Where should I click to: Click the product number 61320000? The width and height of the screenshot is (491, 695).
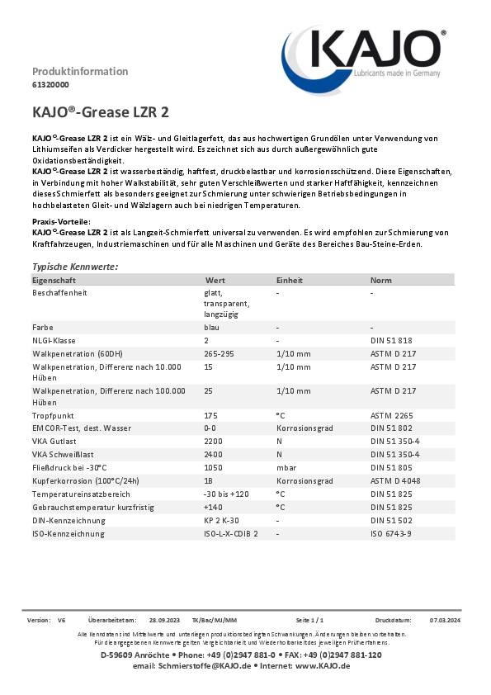point(50,85)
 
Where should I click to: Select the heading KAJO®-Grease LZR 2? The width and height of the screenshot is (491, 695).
point(101,111)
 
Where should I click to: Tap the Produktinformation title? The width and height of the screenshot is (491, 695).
point(80,71)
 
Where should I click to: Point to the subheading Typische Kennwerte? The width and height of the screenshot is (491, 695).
point(74,267)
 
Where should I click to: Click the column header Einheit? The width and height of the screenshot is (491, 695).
point(289,281)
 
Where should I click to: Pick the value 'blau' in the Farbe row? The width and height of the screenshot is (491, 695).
point(211,327)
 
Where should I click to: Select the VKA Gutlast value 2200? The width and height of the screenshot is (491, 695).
point(212,442)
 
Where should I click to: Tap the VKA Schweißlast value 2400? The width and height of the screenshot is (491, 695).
point(212,454)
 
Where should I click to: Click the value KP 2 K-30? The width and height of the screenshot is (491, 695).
point(222,520)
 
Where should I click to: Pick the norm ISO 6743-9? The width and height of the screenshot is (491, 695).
point(390,533)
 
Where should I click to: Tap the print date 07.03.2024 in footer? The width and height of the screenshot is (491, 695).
point(445,619)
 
